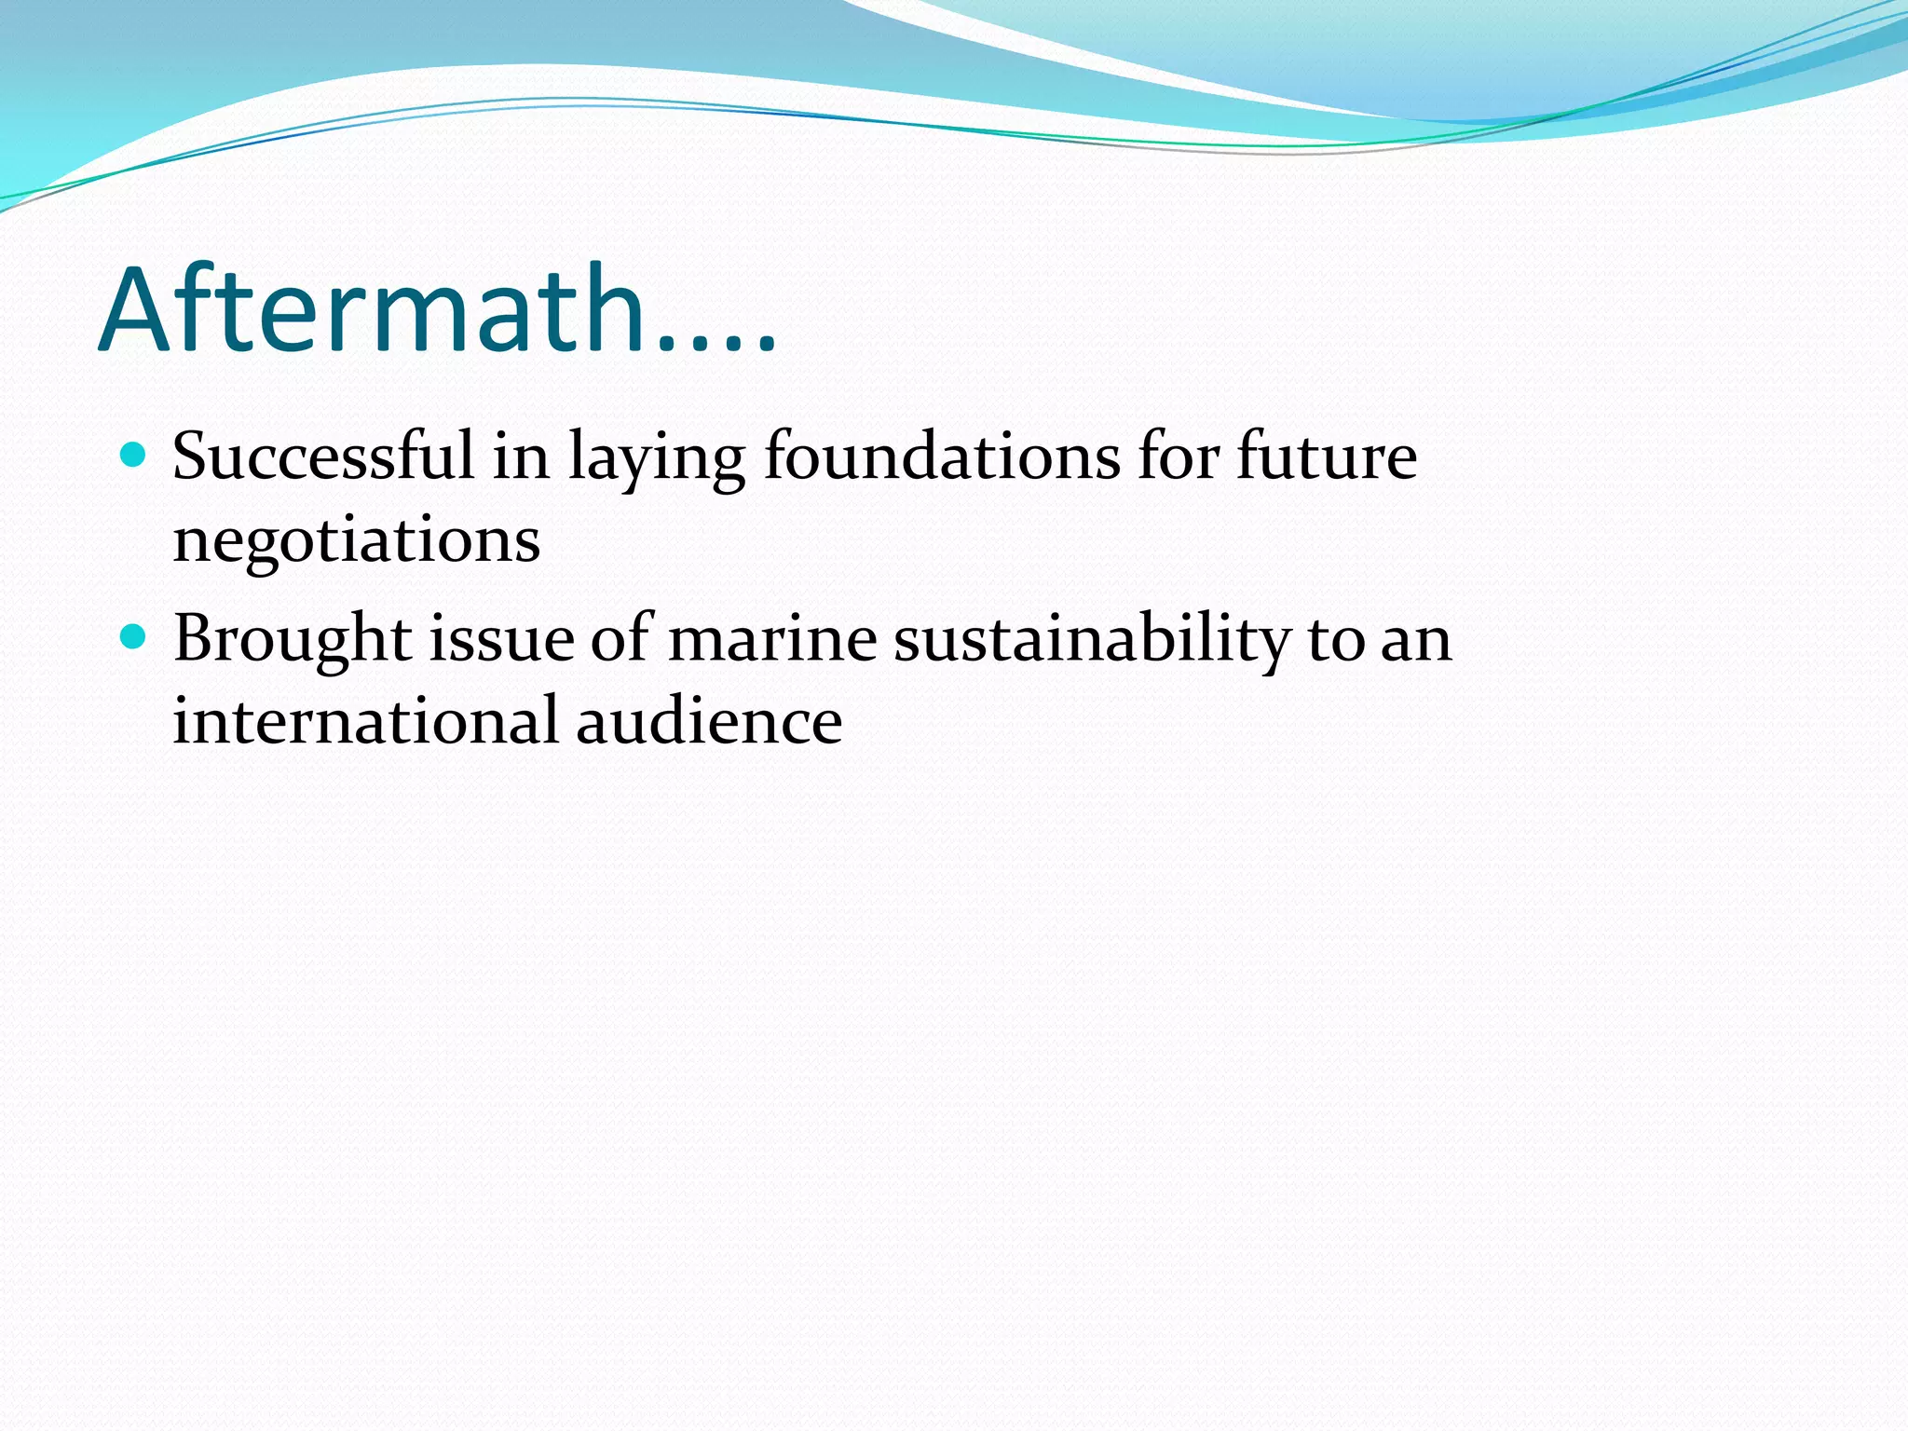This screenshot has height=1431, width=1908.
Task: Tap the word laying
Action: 657,458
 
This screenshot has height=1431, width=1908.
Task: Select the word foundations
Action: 942,457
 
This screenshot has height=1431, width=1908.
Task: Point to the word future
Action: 1327,457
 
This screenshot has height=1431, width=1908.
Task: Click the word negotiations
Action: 357,540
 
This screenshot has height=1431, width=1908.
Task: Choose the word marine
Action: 772,639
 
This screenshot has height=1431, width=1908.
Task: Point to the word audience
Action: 709,721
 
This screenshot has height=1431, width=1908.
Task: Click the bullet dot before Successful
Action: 134,456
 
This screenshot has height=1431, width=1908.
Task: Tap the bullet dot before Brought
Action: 134,637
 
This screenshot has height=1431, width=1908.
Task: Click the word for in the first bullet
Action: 1179,457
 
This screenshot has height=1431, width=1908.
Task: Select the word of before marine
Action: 620,639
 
